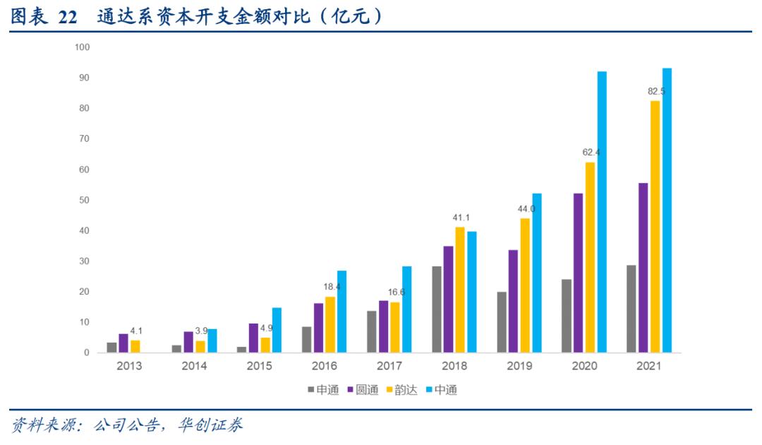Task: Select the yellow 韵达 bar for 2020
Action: tap(590, 257)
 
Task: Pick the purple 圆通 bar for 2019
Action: tap(513, 301)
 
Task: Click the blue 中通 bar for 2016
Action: tap(341, 311)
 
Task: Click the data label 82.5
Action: tap(656, 92)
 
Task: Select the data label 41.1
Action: tap(461, 218)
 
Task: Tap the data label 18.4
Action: tap(331, 287)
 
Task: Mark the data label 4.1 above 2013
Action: tap(136, 331)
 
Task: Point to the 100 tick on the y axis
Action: tap(82, 47)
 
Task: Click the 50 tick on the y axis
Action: tap(84, 201)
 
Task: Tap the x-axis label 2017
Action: tap(389, 366)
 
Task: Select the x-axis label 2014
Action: tap(194, 366)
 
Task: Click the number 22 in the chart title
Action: tap(67, 17)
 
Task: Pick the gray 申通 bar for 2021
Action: tap(631, 309)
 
